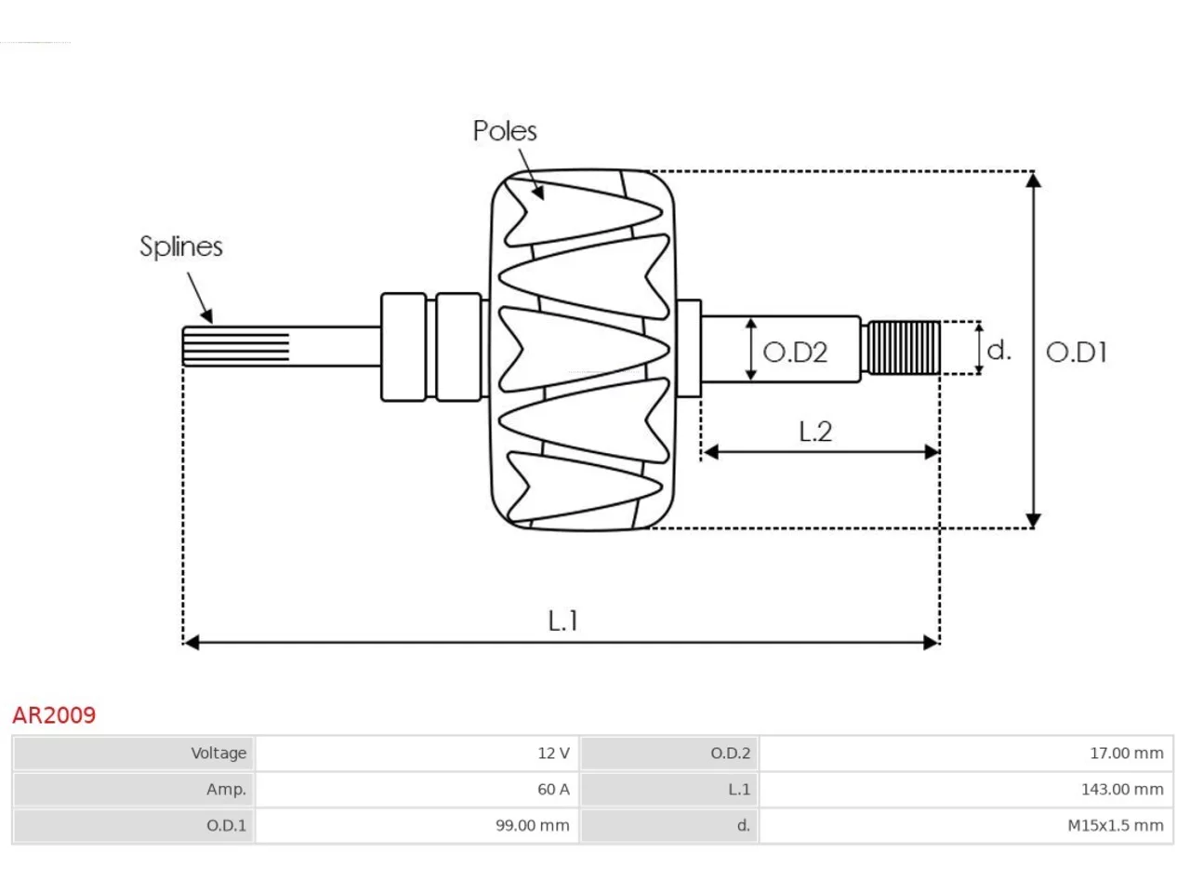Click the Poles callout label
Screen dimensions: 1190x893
coord(505,131)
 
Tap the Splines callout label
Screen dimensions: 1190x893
coord(181,247)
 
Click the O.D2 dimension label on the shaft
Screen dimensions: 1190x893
coord(795,353)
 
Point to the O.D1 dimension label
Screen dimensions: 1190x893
coord(1077,353)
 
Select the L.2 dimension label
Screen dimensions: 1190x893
coord(815,432)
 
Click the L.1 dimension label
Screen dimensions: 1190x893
coord(562,620)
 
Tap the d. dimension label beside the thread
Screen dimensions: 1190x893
coord(998,351)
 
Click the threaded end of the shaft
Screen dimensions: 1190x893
coord(904,348)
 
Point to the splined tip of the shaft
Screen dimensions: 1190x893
coord(236,347)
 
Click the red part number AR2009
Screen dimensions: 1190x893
coord(54,715)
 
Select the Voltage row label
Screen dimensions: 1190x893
coord(218,753)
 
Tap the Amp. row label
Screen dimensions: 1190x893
coord(226,790)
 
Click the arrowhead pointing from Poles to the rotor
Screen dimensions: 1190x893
coord(537,193)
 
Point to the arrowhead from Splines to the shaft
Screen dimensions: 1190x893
coord(207,316)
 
